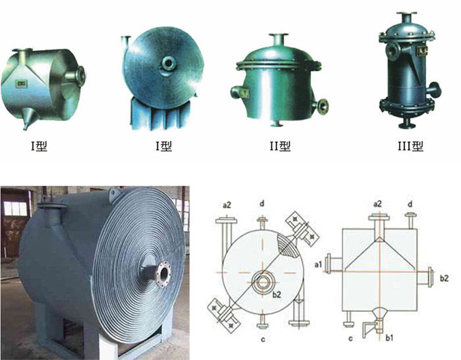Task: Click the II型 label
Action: (x=281, y=146)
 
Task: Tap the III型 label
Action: (x=410, y=145)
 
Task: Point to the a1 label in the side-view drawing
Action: (x=318, y=265)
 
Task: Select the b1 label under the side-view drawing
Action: (x=389, y=338)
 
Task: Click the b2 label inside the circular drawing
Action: (x=277, y=294)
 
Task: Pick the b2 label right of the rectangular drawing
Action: (x=445, y=278)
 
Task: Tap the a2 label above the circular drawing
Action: (x=227, y=205)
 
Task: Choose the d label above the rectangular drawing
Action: (x=410, y=203)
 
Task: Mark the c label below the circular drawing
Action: (x=263, y=340)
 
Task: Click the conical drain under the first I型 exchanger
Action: (x=30, y=118)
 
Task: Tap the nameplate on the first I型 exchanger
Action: (x=21, y=84)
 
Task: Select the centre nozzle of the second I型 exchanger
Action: (x=169, y=63)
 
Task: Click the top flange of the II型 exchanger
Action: (x=277, y=36)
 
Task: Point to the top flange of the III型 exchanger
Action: (x=406, y=14)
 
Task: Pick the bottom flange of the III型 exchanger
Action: (x=406, y=126)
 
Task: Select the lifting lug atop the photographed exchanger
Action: (x=114, y=194)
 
